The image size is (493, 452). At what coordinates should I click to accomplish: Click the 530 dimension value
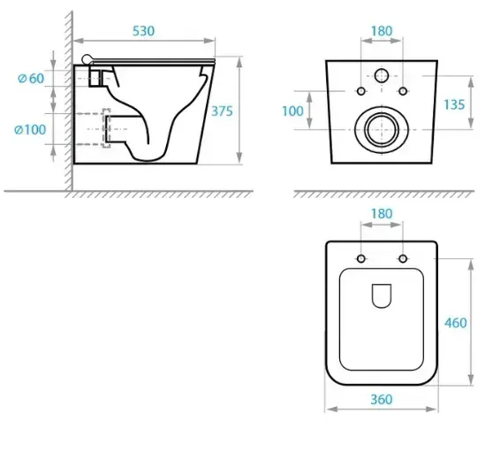tap(143, 31)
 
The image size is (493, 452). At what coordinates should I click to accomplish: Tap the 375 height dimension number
tap(222, 111)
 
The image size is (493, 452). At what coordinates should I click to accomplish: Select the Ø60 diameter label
tap(31, 79)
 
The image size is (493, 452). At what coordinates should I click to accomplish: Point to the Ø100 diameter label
tap(30, 129)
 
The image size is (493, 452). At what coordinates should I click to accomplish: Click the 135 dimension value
tap(454, 104)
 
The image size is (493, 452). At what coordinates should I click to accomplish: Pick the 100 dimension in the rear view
tap(292, 111)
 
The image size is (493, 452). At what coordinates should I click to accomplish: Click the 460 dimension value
tap(456, 323)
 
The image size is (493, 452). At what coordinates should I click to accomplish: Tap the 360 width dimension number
tap(382, 400)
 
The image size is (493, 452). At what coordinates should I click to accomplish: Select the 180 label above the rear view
tap(382, 31)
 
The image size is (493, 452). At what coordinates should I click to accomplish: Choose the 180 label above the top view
tap(382, 214)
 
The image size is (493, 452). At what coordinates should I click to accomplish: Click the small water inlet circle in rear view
tap(382, 75)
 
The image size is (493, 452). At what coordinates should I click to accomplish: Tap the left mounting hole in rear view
tap(361, 91)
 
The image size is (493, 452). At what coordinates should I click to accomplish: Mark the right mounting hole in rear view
tap(403, 91)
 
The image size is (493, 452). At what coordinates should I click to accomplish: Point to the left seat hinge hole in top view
tap(361, 259)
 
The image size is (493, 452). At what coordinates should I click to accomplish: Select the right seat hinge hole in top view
tap(403, 259)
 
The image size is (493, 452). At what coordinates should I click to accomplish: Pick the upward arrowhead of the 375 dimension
tap(239, 63)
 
